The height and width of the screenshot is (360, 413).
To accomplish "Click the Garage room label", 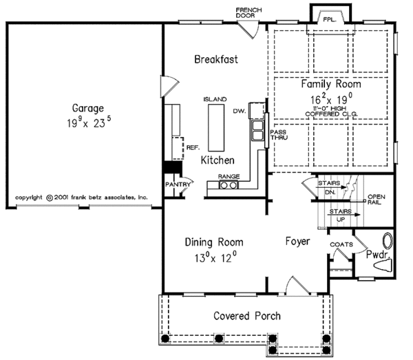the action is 88,108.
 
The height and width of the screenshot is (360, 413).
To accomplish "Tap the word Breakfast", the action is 216,59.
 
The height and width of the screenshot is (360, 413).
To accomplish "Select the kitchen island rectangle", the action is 216,128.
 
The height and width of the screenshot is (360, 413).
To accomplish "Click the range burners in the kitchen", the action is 229,185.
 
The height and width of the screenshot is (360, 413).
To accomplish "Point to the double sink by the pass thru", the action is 258,131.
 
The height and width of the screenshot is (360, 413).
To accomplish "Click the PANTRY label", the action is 178,184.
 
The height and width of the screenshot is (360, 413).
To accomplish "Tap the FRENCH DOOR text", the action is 248,13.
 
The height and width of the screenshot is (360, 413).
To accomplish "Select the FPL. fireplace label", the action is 330,20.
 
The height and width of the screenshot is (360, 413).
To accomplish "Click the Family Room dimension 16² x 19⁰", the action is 331,99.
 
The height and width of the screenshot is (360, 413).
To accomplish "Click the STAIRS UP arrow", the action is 343,215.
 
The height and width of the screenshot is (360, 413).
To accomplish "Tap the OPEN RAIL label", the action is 376,200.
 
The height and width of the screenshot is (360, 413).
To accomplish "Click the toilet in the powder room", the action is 383,265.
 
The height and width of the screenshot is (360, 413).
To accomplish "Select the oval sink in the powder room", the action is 388,240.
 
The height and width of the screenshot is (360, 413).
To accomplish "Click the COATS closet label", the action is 341,244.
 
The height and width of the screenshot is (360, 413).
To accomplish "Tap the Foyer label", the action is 297,242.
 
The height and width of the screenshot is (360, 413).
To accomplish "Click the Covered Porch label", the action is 247,316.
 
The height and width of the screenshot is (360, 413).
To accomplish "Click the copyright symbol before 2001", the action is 50,198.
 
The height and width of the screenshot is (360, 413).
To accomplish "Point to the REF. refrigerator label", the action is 193,148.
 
